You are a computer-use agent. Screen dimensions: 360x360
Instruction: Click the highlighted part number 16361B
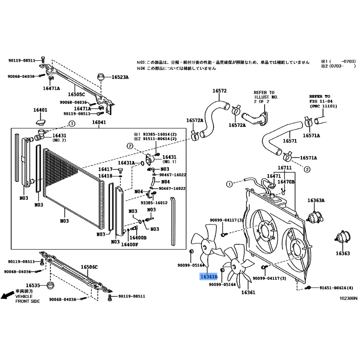pyautogui.click(x=209, y=277)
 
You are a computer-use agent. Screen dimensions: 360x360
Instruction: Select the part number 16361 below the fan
pyautogui.click(x=248, y=292)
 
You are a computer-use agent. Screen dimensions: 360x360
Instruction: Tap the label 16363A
pyautogui.click(x=316, y=200)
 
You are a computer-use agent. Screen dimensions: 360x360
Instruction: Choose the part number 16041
pyautogui.click(x=99, y=122)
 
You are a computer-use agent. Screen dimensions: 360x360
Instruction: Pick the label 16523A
pyautogui.click(x=120, y=77)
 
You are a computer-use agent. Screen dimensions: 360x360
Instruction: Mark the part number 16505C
pyautogui.click(x=76, y=94)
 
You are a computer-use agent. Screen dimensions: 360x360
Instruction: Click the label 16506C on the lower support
pyautogui.click(x=89, y=267)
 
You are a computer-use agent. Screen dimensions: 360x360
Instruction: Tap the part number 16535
pyautogui.click(x=33, y=285)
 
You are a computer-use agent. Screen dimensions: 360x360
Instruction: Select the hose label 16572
pyautogui.click(x=219, y=90)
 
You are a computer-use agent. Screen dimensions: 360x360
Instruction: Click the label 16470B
pyautogui.click(x=286, y=181)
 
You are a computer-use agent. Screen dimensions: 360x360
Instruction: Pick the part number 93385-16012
pyautogui.click(x=154, y=202)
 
